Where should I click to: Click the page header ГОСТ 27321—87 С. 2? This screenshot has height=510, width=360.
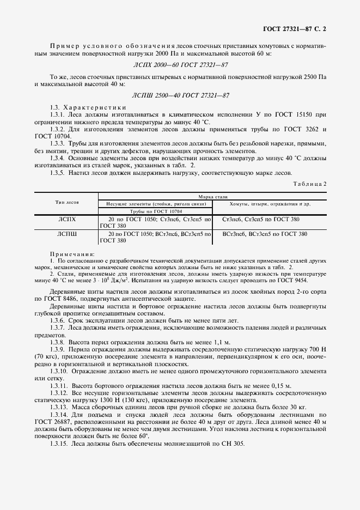[299, 27]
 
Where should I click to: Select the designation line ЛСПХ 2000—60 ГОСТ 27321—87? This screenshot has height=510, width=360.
[180, 65]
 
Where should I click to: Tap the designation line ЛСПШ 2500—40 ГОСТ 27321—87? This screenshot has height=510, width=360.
[180, 95]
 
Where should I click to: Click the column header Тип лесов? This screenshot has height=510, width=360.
[66, 202]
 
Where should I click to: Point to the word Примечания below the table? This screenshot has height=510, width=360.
[72, 254]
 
